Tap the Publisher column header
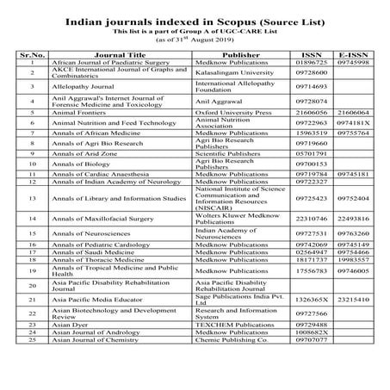coord(233,53)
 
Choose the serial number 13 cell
coord(32,198)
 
